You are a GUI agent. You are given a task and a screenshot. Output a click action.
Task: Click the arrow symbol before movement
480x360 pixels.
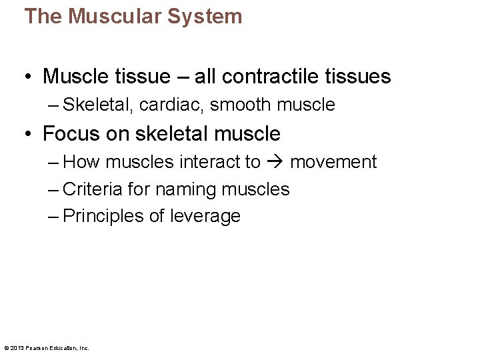[275, 162]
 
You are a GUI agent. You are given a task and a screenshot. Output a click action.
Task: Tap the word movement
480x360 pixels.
[333, 162]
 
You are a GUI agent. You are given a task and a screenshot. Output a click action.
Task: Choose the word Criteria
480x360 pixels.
[93, 189]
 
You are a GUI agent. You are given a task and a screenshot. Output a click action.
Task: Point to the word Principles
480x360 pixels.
[100, 216]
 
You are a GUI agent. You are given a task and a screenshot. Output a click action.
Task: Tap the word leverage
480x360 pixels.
[205, 216]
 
